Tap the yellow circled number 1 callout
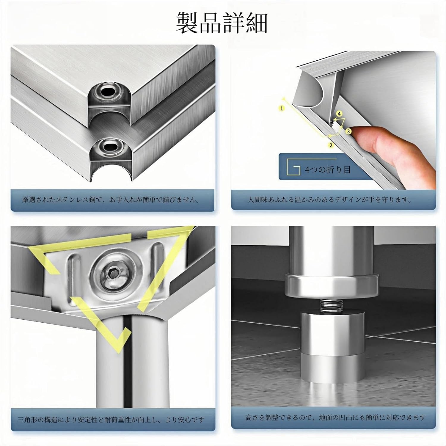click(282, 108)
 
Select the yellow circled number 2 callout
click(331, 145)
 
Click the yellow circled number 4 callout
click(339, 114)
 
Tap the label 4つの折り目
click(328, 170)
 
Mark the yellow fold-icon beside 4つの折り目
click(293, 168)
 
